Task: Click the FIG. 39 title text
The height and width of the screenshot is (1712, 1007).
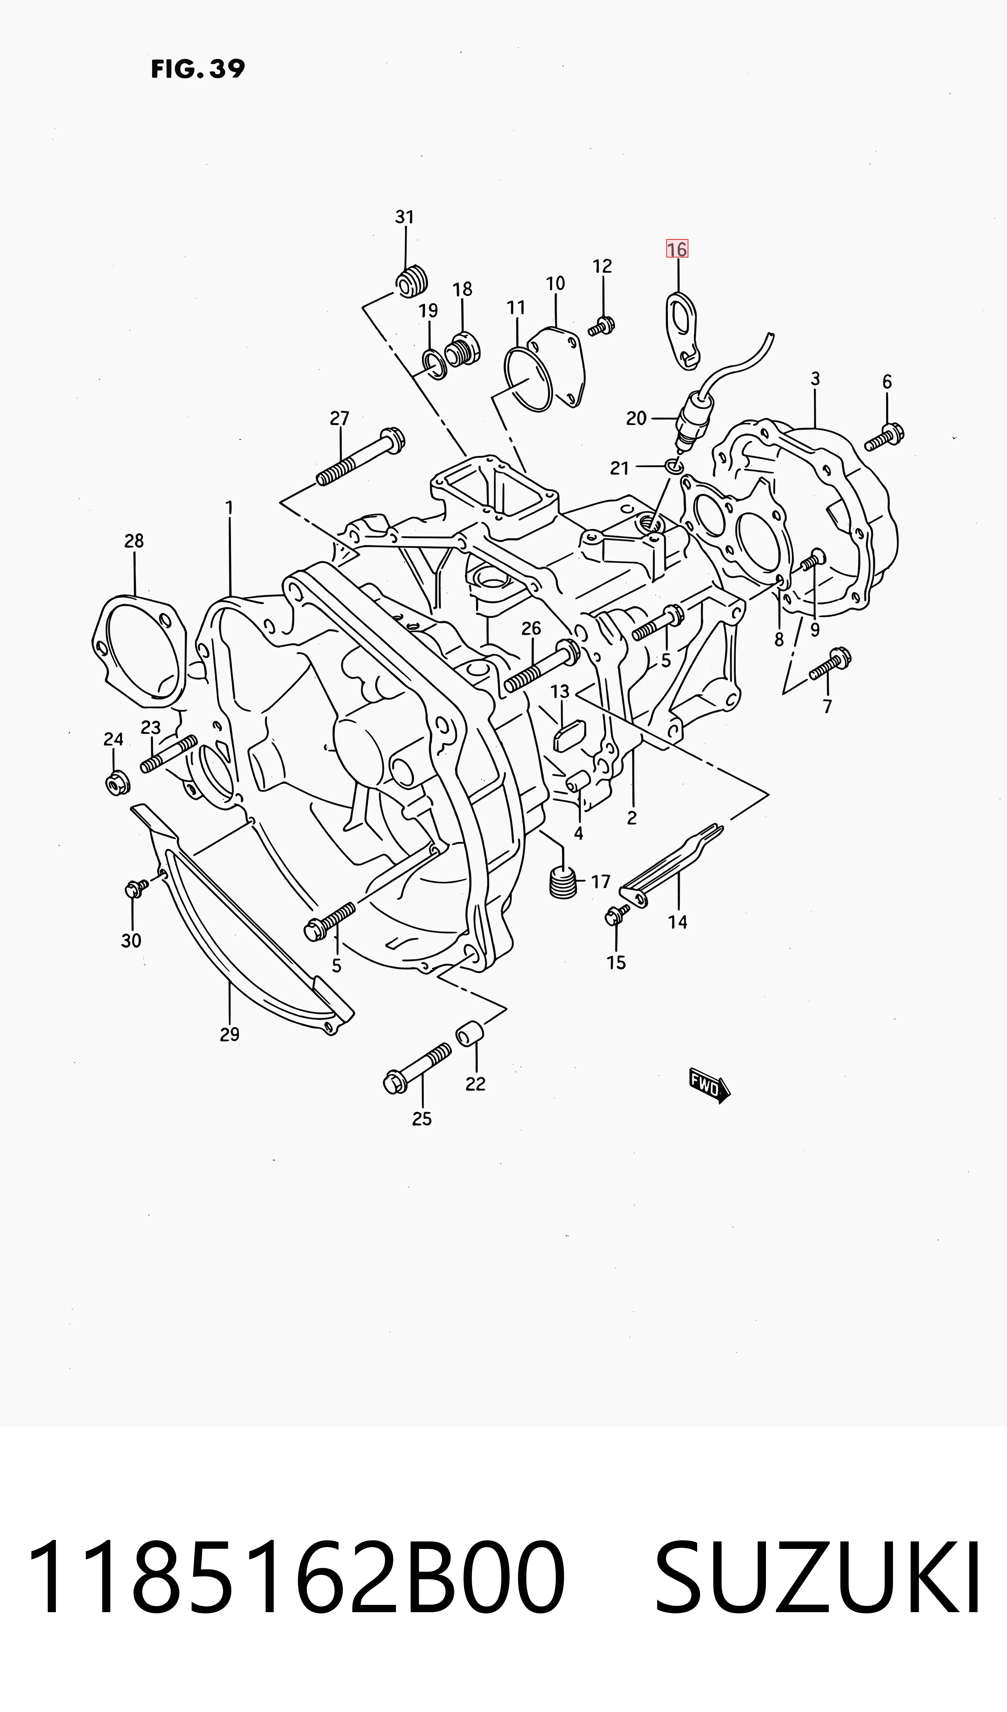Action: click(198, 69)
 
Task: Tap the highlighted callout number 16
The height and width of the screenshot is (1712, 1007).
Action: click(677, 249)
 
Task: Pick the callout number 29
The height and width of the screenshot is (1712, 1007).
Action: click(230, 1034)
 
